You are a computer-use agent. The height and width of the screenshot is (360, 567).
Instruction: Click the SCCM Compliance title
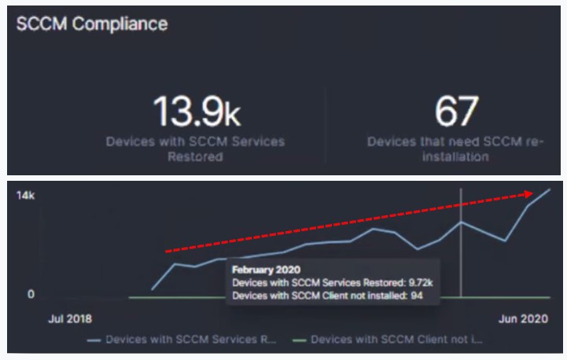(x=92, y=24)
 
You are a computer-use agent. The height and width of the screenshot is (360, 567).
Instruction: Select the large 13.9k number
(x=196, y=111)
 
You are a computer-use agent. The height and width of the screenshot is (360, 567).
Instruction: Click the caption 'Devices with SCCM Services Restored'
(x=196, y=149)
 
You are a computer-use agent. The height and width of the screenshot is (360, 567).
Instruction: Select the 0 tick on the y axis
(x=31, y=294)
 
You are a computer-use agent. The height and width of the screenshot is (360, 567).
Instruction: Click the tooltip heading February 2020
(x=260, y=270)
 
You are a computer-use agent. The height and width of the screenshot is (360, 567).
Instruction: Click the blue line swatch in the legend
(x=94, y=341)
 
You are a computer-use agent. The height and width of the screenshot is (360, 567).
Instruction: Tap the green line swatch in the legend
(x=299, y=341)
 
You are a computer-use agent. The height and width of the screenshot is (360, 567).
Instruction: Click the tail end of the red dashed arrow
(x=167, y=252)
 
